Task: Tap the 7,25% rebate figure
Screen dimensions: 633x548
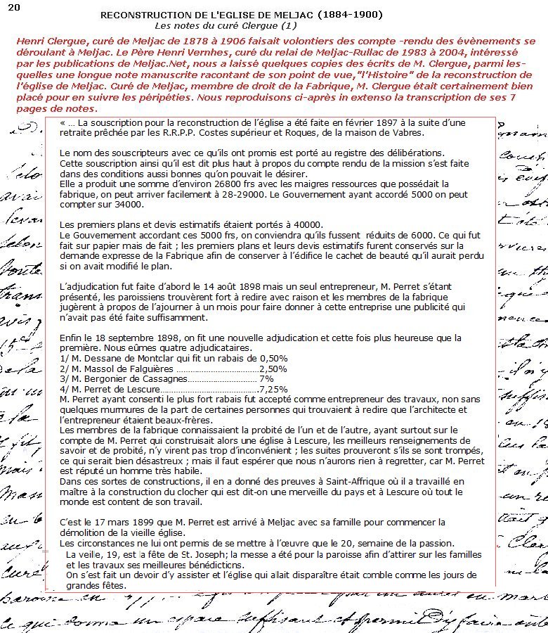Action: tap(273, 388)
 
